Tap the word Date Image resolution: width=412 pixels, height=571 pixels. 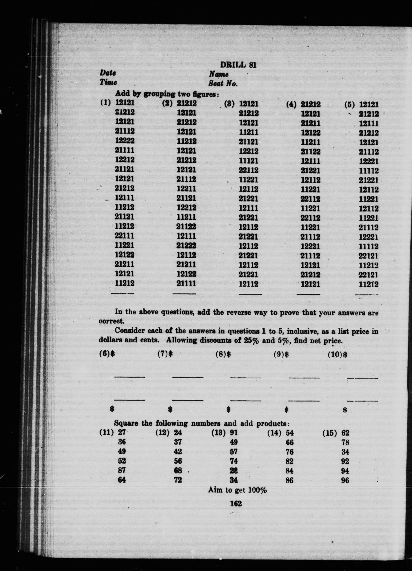pos(108,73)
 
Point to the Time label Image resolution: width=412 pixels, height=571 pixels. pos(108,82)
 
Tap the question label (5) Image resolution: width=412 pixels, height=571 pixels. pos(350,104)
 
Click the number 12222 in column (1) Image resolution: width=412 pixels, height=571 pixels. pos(125,140)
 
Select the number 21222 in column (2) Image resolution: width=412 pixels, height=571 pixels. pos(186,245)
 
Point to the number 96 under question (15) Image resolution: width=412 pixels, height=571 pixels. pos(345,481)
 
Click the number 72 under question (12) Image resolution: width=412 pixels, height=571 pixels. pos(178,480)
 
